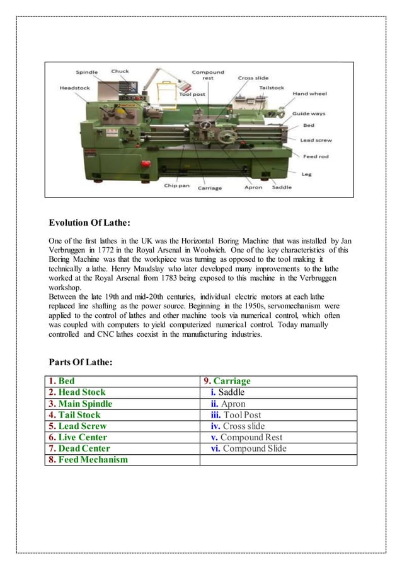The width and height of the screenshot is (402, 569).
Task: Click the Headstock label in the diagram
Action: point(74,88)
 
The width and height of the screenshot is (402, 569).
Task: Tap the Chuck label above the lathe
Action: point(120,71)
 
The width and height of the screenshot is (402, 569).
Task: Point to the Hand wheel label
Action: point(309,93)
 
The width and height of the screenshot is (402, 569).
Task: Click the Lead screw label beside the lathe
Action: point(316,140)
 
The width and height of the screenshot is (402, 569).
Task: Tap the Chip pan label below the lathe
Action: point(177,185)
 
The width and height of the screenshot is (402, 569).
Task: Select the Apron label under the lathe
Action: point(254,187)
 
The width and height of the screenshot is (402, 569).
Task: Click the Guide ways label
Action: point(309,114)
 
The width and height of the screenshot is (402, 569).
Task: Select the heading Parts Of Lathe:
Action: point(81,361)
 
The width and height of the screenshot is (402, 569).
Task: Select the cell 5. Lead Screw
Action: point(78,426)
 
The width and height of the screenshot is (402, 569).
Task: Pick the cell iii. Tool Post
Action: point(236,415)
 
